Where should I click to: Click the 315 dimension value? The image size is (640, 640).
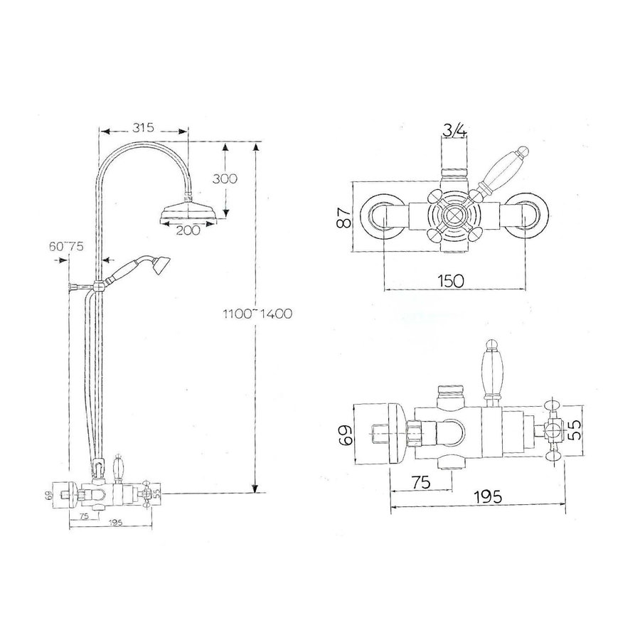(144, 128)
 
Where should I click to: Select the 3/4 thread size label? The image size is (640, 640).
(454, 130)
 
